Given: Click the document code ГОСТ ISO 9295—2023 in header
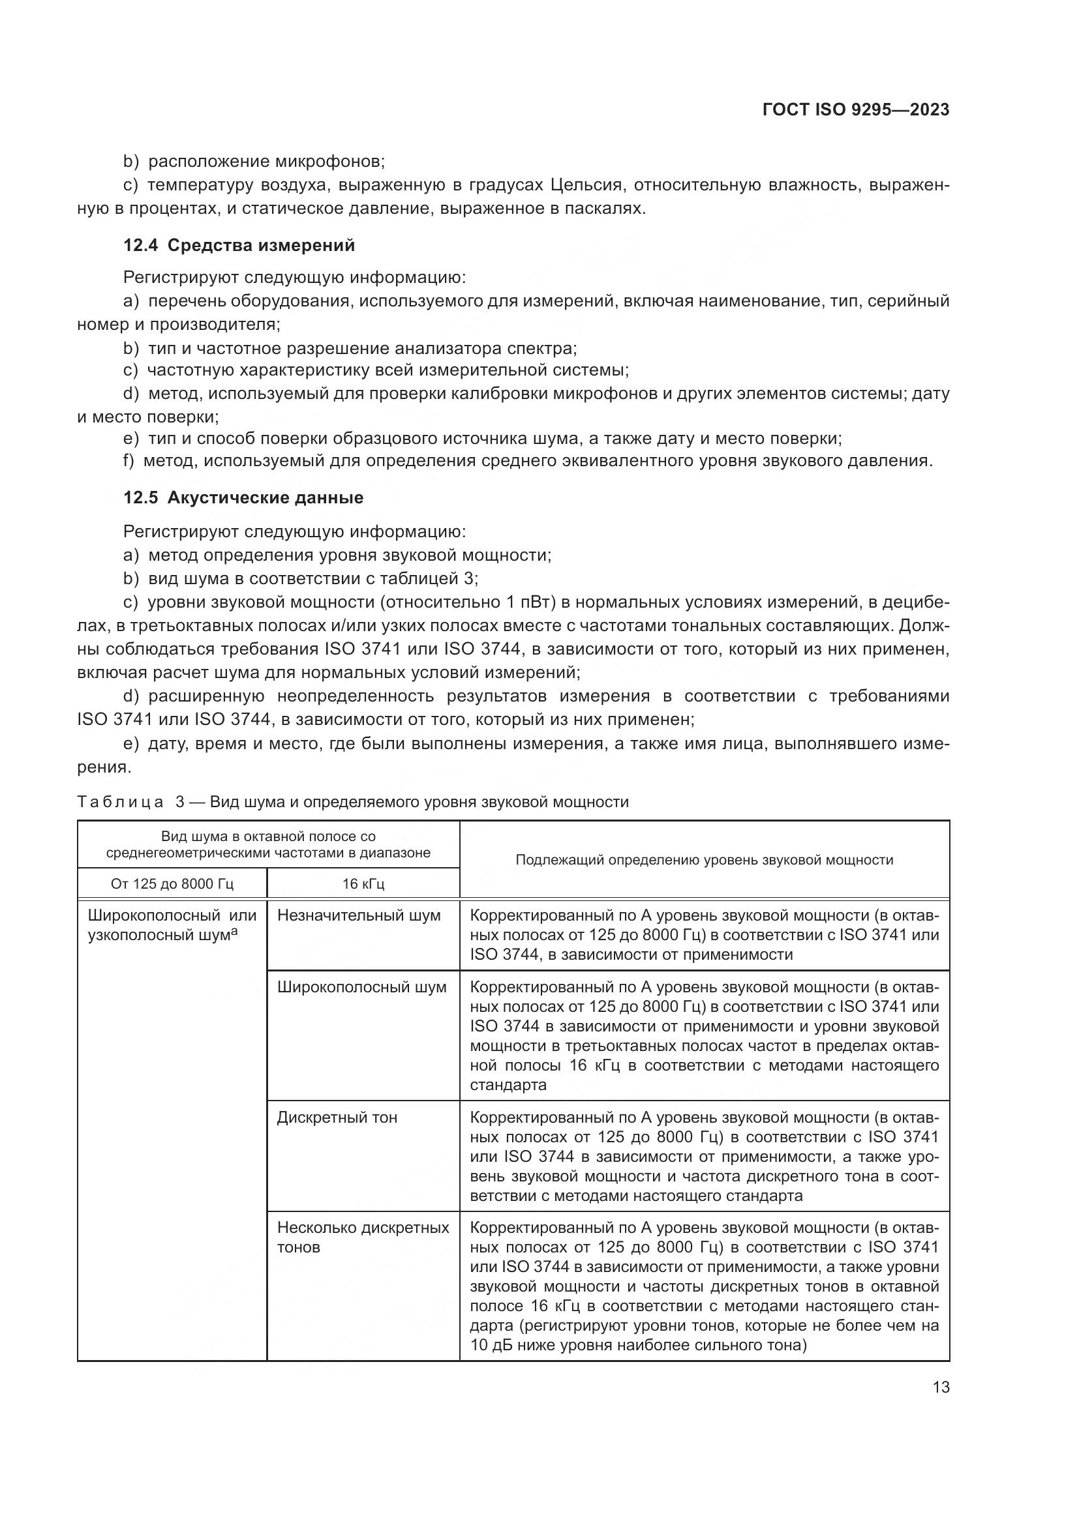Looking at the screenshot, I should [x=855, y=110].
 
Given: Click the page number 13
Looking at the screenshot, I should [x=941, y=1387].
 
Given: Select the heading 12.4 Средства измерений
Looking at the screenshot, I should [x=239, y=246].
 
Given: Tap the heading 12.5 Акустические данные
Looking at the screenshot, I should [x=243, y=497].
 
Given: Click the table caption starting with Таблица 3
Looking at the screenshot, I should [x=352, y=802].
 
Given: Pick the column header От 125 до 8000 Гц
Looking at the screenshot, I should [x=172, y=884].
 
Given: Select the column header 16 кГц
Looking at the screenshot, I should [x=363, y=884].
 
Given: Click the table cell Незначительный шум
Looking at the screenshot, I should [x=359, y=915].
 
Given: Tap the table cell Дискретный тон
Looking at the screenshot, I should [x=337, y=1118].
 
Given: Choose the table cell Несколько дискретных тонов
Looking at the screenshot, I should [x=363, y=1237].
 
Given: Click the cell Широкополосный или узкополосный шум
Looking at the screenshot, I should [x=172, y=925].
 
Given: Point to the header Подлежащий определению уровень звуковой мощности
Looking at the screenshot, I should [x=704, y=860].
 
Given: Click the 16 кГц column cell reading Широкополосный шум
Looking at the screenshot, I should [x=361, y=988].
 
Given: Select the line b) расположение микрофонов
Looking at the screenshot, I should [x=254, y=162].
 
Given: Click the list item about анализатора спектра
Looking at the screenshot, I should [x=350, y=348].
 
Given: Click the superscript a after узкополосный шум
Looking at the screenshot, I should [x=234, y=932].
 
